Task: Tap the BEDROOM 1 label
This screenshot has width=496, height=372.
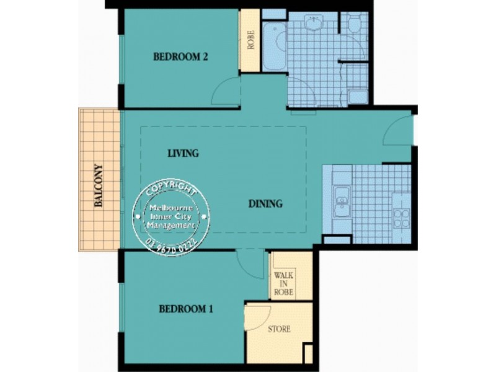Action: point(186,309)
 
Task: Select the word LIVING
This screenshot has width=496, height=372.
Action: point(183,153)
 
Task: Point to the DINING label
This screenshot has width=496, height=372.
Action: point(265,203)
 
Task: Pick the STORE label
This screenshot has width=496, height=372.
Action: point(279,329)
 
